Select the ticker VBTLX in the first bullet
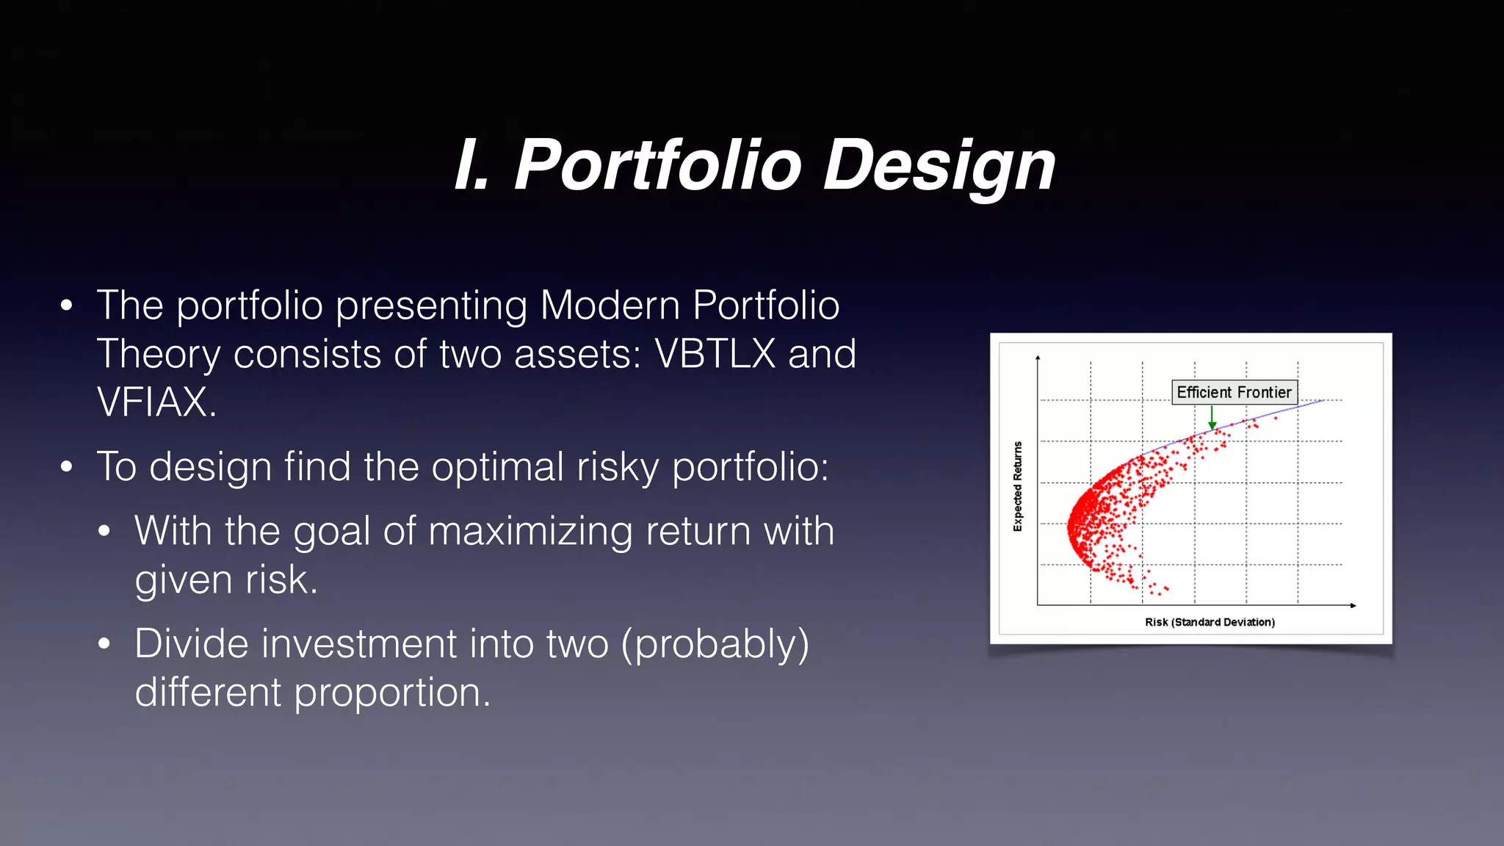[715, 354]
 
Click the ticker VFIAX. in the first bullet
[156, 402]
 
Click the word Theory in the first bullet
[159, 354]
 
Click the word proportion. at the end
[392, 693]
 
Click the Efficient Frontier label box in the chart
[1234, 392]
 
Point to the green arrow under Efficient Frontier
[1212, 418]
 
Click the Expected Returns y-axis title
[1017, 486]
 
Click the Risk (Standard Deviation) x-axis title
[1210, 622]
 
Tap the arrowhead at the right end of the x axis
[1353, 605]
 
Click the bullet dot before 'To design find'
[67, 466]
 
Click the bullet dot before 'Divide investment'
[104, 644]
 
